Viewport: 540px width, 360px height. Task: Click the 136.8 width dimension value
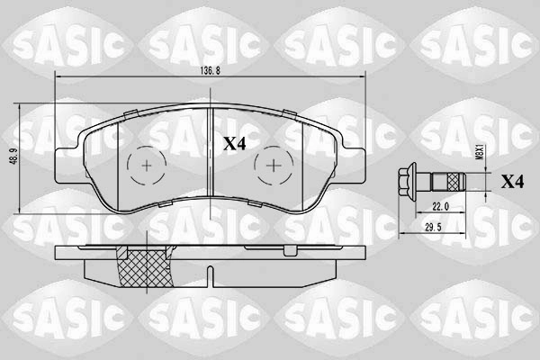(210, 70)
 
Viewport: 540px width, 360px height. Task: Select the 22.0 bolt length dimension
(440, 207)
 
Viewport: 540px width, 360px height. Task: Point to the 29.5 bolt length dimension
(433, 228)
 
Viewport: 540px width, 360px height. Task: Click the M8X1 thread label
(478, 152)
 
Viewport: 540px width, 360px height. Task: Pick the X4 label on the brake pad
(235, 144)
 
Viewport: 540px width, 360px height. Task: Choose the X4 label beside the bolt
(512, 182)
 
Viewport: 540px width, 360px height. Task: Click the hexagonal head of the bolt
(407, 181)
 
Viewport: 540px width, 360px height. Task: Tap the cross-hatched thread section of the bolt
(454, 182)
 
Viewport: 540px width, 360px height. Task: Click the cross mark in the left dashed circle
(147, 166)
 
